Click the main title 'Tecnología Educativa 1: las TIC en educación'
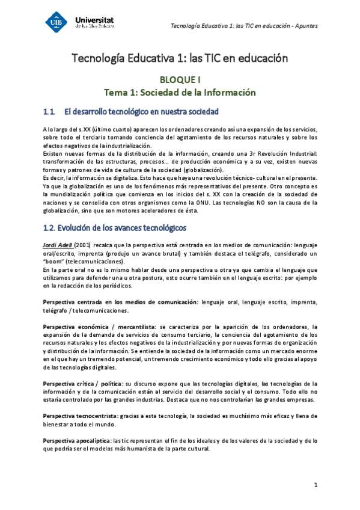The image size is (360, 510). (x=180, y=59)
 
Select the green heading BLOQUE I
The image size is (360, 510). (x=180, y=79)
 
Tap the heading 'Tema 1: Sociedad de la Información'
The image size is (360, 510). (x=180, y=93)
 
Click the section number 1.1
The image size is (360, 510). (x=49, y=112)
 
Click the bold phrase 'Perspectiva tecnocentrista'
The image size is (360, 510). (x=81, y=416)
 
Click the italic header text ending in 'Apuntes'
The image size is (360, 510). (x=245, y=25)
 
